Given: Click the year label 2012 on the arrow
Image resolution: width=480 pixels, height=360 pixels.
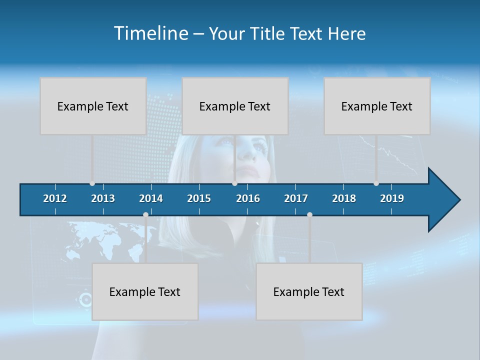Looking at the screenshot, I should pos(55,198).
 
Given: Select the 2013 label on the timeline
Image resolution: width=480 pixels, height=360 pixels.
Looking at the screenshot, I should pos(103,198).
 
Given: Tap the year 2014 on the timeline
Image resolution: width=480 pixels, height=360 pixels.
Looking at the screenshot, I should pos(151,198).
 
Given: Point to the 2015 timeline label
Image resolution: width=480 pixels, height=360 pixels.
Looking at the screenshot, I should pos(199,198).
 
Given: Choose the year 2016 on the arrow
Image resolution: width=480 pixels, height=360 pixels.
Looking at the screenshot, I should pos(248,198).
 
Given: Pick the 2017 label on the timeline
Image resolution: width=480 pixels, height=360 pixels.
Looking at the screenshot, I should pos(296,198).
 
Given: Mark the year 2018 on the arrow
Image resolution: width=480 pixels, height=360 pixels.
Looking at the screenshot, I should pos(344,198).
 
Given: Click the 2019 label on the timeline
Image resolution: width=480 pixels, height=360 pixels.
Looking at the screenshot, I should pos(392,198).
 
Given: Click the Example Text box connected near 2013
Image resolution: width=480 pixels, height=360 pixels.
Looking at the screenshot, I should pos(93,106).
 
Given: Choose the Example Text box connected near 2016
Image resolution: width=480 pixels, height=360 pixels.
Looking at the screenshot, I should pos(235,106).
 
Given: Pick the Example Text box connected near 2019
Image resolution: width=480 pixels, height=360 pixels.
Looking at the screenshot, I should pos(377,106).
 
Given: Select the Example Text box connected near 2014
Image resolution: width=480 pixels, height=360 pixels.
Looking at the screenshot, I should pos(145,291).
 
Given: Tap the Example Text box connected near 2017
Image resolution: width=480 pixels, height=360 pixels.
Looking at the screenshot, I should pos(309,291).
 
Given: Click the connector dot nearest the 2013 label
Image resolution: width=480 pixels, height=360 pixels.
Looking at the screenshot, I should pos(92,183).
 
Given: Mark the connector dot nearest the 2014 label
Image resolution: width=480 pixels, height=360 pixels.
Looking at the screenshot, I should pos(145,214).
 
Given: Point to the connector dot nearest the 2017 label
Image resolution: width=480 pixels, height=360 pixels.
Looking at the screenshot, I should pos(309,214).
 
